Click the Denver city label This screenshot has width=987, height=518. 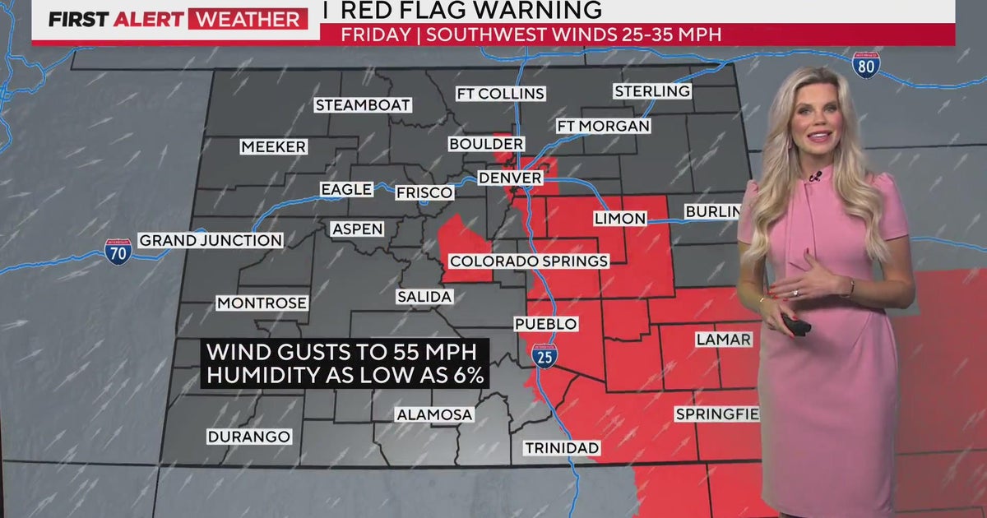[x=510, y=178]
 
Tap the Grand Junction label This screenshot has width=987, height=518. [x=211, y=240]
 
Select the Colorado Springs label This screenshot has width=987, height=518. [x=529, y=261]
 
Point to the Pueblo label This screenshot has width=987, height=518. [x=545, y=324]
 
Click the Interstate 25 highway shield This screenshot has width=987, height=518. [x=544, y=354]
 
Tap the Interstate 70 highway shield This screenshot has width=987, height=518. [x=118, y=251]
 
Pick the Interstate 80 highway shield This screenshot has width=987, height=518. [x=866, y=65]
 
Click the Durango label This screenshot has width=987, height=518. [x=248, y=437]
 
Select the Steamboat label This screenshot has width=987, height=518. [x=363, y=105]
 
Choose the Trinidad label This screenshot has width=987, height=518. [x=562, y=448]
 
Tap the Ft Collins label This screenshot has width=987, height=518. [x=500, y=94]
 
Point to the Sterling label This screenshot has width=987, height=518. [x=652, y=91]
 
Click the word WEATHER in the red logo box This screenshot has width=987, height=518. [x=248, y=19]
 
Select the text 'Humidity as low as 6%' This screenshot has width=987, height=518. [x=344, y=376]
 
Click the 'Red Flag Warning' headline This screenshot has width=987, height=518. [x=471, y=11]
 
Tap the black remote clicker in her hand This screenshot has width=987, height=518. [x=795, y=325]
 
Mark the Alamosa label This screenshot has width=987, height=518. [x=434, y=415]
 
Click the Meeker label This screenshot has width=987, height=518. [x=274, y=147]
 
